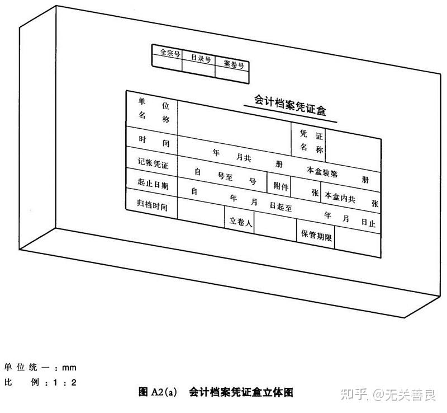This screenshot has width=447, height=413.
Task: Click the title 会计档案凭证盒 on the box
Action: [x=290, y=105]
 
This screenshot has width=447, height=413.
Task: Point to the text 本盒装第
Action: [x=322, y=172]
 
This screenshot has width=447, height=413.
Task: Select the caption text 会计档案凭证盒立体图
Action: [x=240, y=392]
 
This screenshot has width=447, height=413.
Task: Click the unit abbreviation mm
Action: [x=69, y=368]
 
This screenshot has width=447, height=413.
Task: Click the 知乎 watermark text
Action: [x=355, y=395]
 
